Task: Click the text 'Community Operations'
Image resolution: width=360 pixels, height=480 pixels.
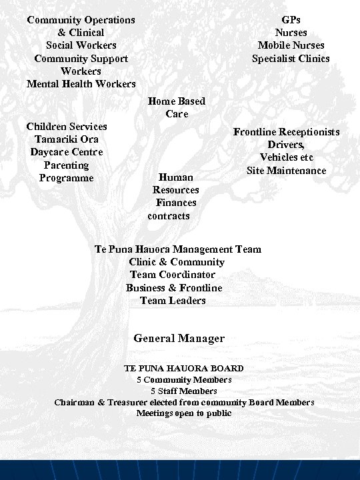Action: (81, 20)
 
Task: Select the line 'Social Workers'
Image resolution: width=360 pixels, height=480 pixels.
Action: (81, 45)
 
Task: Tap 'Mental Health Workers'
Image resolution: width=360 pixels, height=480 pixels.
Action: (81, 84)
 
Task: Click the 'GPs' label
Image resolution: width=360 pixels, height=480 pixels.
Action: (291, 20)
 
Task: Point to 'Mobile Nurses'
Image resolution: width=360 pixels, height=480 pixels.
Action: (291, 45)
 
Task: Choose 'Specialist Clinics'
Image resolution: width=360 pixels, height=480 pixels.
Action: (291, 59)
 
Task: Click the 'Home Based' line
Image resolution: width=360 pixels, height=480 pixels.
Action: (177, 101)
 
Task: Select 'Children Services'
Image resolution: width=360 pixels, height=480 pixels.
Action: (67, 126)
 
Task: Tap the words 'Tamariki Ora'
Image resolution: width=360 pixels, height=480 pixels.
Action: (67, 139)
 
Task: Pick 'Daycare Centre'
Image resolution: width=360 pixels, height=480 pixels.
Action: (67, 152)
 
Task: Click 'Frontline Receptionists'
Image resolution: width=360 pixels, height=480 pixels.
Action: (286, 132)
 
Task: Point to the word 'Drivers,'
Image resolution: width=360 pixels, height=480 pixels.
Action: (286, 145)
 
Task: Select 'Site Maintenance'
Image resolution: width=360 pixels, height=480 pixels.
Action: (286, 171)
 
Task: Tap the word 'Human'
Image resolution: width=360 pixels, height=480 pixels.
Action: (176, 177)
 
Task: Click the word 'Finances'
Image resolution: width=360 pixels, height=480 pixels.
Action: (176, 203)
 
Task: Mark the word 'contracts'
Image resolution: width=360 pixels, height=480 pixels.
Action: (169, 216)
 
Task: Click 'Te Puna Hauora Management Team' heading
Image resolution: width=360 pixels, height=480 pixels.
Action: (178, 249)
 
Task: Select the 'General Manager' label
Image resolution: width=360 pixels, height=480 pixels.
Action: (179, 339)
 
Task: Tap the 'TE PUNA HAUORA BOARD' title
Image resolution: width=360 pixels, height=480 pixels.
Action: (184, 368)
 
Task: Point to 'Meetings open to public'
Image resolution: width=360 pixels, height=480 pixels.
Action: (184, 413)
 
